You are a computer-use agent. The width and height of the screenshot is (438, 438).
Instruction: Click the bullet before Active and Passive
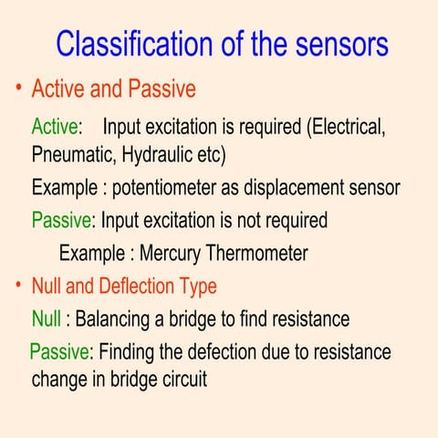tap(17, 89)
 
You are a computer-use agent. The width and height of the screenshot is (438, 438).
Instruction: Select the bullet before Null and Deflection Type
tap(17, 285)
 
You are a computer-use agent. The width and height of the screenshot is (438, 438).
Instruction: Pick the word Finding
tap(129, 352)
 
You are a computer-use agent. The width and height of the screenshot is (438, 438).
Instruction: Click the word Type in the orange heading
tap(196, 287)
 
